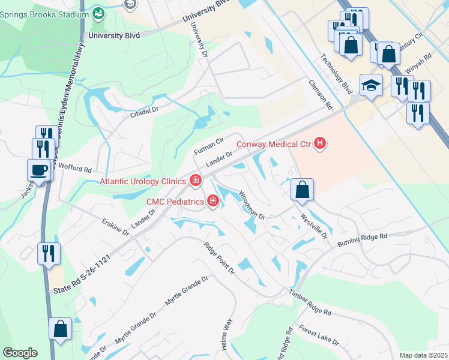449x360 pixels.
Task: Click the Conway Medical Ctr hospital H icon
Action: [321, 143]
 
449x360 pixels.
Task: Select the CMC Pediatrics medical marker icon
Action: [212, 202]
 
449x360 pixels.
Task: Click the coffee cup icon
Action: [39, 170]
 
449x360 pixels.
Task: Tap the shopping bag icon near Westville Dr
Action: [302, 190]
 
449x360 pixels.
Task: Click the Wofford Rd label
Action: [74, 170]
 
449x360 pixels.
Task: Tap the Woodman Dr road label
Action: [252, 204]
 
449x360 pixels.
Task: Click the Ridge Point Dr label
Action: [219, 258]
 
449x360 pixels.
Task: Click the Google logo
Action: [20, 352]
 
